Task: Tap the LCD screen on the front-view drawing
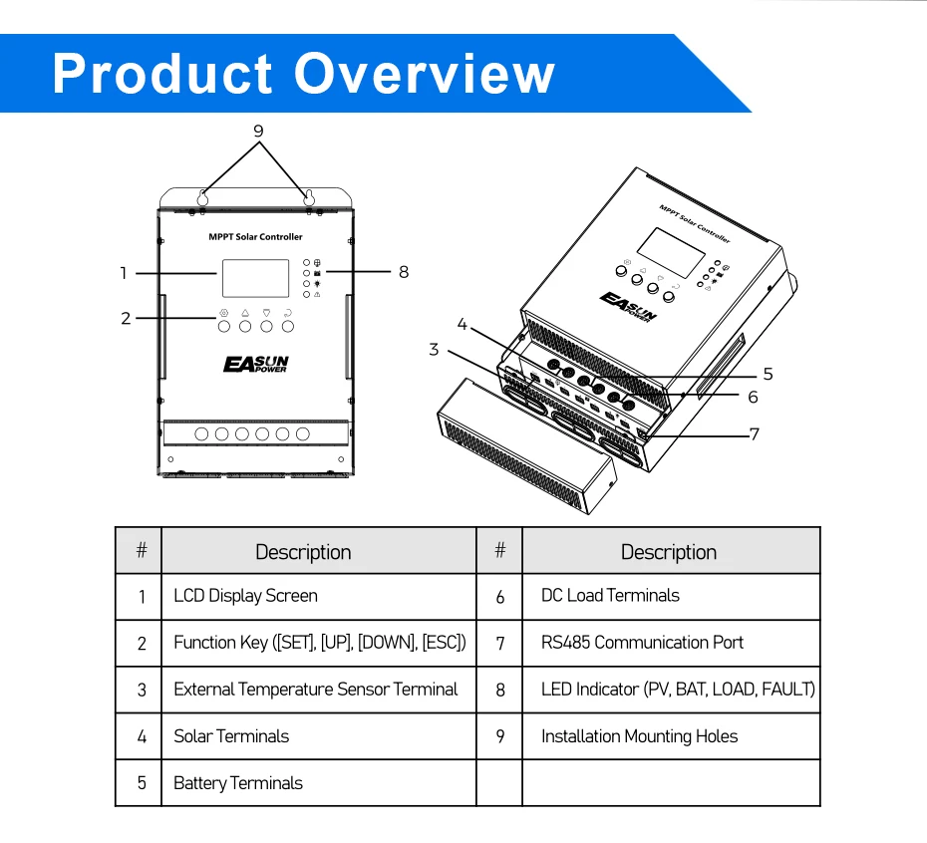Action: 255,278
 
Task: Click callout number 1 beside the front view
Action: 125,272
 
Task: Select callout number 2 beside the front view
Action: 126,319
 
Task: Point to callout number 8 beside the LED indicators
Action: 403,271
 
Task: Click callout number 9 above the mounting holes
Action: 258,131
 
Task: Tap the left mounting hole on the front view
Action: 203,197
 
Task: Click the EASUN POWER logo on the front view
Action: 255,364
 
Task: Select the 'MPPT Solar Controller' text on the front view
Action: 255,237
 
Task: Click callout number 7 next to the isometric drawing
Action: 754,433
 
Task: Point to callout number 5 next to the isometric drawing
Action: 768,374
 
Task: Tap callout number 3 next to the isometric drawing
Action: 434,349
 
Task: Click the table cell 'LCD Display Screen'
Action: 245,596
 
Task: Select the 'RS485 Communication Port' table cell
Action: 642,643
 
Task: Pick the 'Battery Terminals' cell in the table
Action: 237,783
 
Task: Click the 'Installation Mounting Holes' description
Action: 639,736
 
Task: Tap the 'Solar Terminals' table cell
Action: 231,736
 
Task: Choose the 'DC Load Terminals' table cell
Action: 610,596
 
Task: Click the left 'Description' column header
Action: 303,552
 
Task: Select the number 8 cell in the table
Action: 500,690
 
